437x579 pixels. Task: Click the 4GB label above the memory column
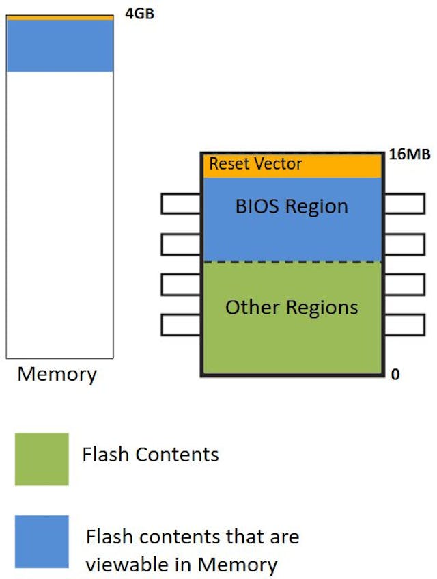(x=139, y=13)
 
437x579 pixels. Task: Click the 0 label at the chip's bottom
(x=395, y=375)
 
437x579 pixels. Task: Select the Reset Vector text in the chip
(x=255, y=165)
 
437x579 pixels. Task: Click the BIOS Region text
(x=292, y=206)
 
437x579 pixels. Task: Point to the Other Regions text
(x=292, y=308)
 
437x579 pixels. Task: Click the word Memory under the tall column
(x=57, y=375)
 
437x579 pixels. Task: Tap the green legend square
(x=42, y=459)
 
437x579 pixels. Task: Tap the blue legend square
(x=42, y=541)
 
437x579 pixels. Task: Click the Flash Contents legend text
(x=150, y=455)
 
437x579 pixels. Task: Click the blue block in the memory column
(x=59, y=46)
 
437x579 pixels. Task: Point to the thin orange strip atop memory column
(x=59, y=17)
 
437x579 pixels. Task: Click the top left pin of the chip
(x=181, y=204)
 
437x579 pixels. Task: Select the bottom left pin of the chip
(x=181, y=325)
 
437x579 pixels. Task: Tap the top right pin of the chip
(x=405, y=204)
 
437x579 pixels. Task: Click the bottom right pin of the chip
(x=405, y=325)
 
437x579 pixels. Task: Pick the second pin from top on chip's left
(x=181, y=244)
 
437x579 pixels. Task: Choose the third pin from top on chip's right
(x=405, y=284)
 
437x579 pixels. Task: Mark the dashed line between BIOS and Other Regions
(x=292, y=262)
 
